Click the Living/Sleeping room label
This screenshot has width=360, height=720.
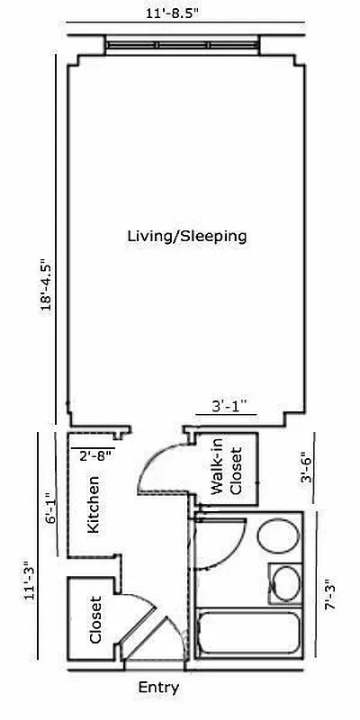click(x=186, y=237)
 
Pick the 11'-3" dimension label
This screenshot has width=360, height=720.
click(x=31, y=579)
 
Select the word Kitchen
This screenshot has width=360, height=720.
click(x=93, y=505)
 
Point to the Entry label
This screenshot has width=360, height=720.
click(x=158, y=688)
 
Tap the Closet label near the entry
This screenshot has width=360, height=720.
click(x=95, y=621)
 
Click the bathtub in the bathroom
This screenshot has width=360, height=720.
click(x=248, y=635)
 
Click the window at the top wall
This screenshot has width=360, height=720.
click(x=183, y=43)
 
